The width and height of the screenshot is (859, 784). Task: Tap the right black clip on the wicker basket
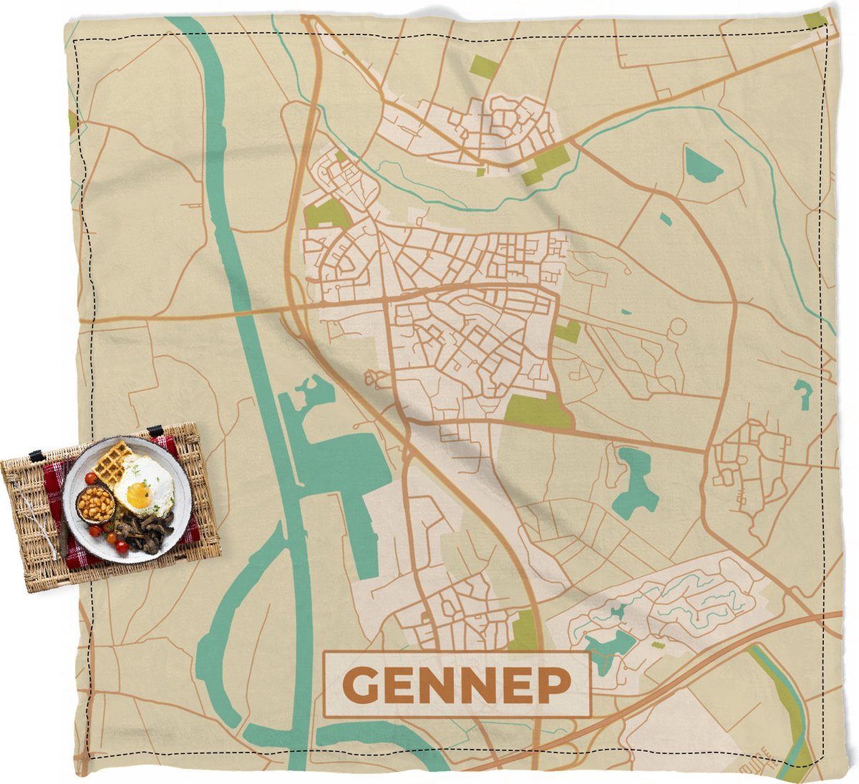155,431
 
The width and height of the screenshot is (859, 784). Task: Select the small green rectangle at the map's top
485,67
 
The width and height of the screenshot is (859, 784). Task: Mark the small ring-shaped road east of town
676,326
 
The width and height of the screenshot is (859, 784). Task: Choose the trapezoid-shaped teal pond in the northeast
702,165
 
